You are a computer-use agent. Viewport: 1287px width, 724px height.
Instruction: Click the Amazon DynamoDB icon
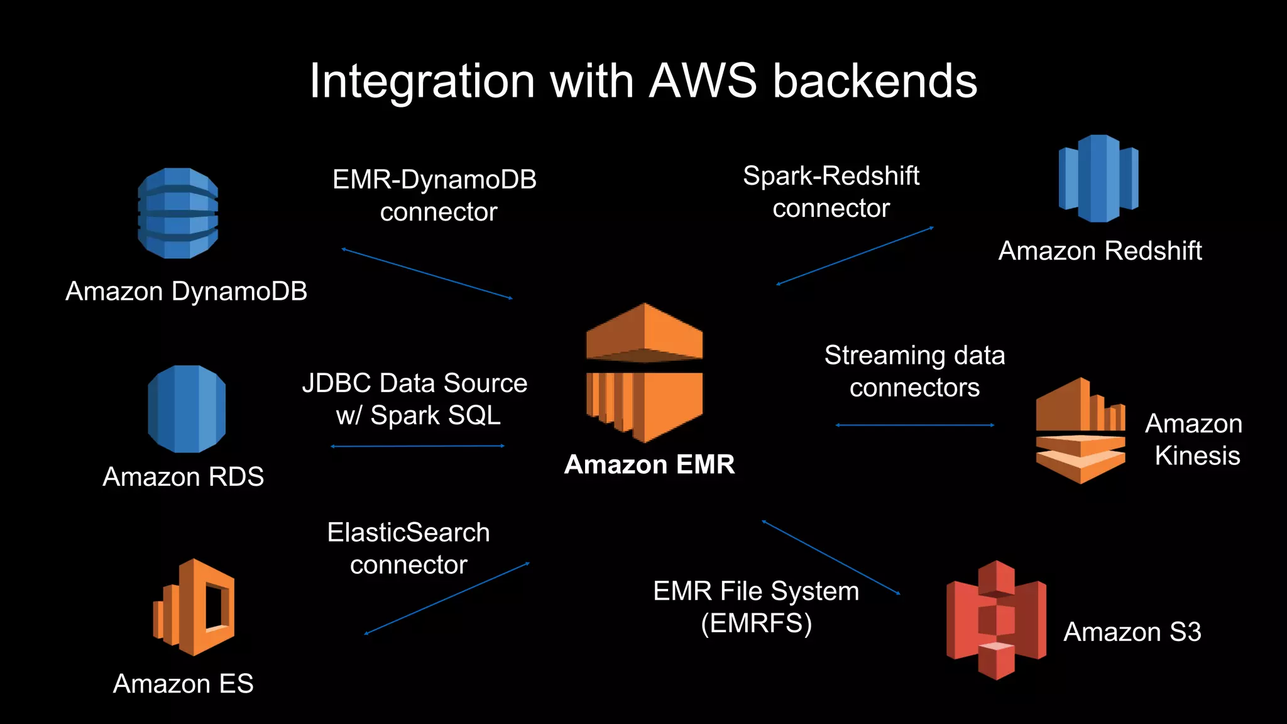(178, 213)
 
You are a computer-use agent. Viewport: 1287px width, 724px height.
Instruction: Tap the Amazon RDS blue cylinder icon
(187, 409)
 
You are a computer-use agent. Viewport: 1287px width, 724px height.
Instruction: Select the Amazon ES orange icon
(194, 607)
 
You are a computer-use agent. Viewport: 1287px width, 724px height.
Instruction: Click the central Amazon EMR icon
(645, 373)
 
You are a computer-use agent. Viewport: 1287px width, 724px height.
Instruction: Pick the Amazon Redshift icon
(1098, 178)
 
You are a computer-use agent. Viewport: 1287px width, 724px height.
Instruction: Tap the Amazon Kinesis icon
(1080, 431)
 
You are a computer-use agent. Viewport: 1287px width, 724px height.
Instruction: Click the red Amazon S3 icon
(996, 620)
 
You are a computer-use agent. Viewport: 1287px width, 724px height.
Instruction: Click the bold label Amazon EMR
(649, 464)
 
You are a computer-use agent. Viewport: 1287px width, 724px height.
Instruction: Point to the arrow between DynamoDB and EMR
(427, 274)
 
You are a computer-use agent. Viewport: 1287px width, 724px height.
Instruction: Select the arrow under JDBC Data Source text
(418, 446)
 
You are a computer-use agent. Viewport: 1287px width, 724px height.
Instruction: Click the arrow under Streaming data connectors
(915, 425)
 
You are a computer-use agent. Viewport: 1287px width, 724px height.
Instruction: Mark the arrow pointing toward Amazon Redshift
(855, 256)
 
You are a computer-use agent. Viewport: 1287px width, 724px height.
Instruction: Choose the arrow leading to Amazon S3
(831, 557)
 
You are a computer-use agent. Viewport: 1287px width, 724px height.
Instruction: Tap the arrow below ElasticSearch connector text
(447, 598)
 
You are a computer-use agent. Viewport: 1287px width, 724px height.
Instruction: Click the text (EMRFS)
(756, 623)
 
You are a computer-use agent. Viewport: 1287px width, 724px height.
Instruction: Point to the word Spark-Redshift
(831, 176)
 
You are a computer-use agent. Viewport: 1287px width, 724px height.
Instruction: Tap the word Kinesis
(1197, 456)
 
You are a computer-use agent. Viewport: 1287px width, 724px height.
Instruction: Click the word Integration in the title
(422, 81)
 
